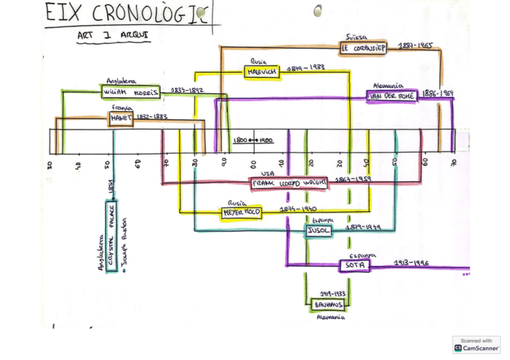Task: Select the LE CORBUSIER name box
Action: coord(363,47)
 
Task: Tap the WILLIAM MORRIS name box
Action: coord(131,93)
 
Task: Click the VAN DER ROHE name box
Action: coord(392,96)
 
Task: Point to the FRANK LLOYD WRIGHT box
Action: coord(289,183)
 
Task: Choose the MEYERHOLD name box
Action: coord(241,213)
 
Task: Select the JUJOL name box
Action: coord(317,231)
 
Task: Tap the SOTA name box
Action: coord(355,265)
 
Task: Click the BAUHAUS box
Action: coord(328,305)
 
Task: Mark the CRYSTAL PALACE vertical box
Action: coord(111,237)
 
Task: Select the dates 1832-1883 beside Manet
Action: coord(152,117)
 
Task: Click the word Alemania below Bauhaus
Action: coord(331,318)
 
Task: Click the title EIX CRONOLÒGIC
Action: coord(129,13)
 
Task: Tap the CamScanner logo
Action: coord(476,344)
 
